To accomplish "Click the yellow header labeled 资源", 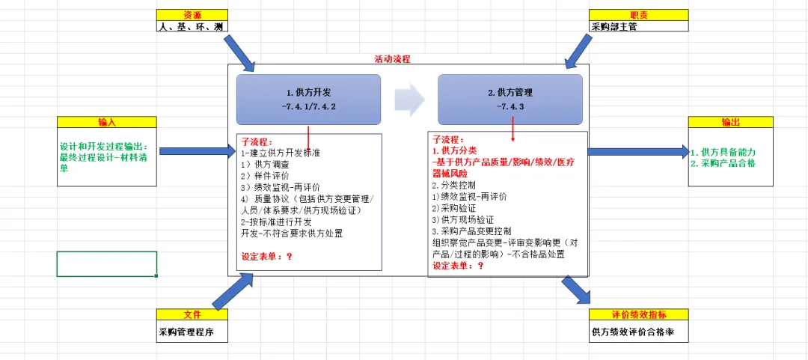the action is point(192,15).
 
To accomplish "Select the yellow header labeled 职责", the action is point(638,15).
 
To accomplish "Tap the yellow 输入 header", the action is point(107,122).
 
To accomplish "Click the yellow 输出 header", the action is point(730,122).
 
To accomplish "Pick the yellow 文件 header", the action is point(192,314).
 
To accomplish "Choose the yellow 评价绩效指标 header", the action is point(638,314).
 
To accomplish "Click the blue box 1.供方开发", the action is point(308,100).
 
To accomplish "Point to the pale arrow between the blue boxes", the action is point(409,99).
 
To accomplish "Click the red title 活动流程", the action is point(392,59).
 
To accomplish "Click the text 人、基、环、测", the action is point(191,26).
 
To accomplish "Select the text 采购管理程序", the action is point(186,332).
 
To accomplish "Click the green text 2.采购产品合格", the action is point(723,163).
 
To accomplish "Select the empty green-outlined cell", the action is point(107,263).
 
